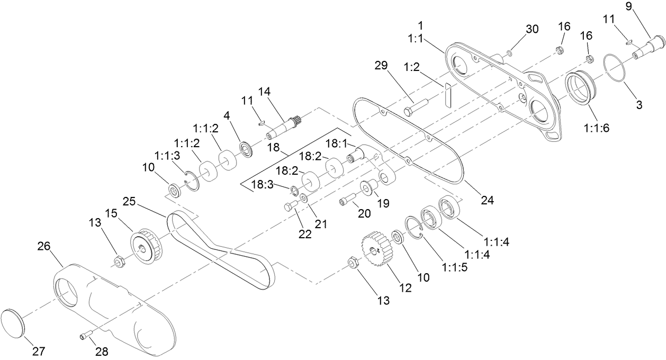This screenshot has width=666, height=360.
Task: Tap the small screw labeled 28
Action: (86, 335)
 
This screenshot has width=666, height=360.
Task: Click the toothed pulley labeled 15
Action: (146, 246)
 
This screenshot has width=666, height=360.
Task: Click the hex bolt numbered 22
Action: (291, 206)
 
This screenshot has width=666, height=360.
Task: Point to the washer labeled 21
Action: (304, 197)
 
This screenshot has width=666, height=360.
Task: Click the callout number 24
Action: (488, 200)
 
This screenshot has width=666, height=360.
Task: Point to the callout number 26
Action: (44, 246)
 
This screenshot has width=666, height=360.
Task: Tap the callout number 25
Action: (129, 201)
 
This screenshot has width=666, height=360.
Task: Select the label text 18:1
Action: (336, 144)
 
